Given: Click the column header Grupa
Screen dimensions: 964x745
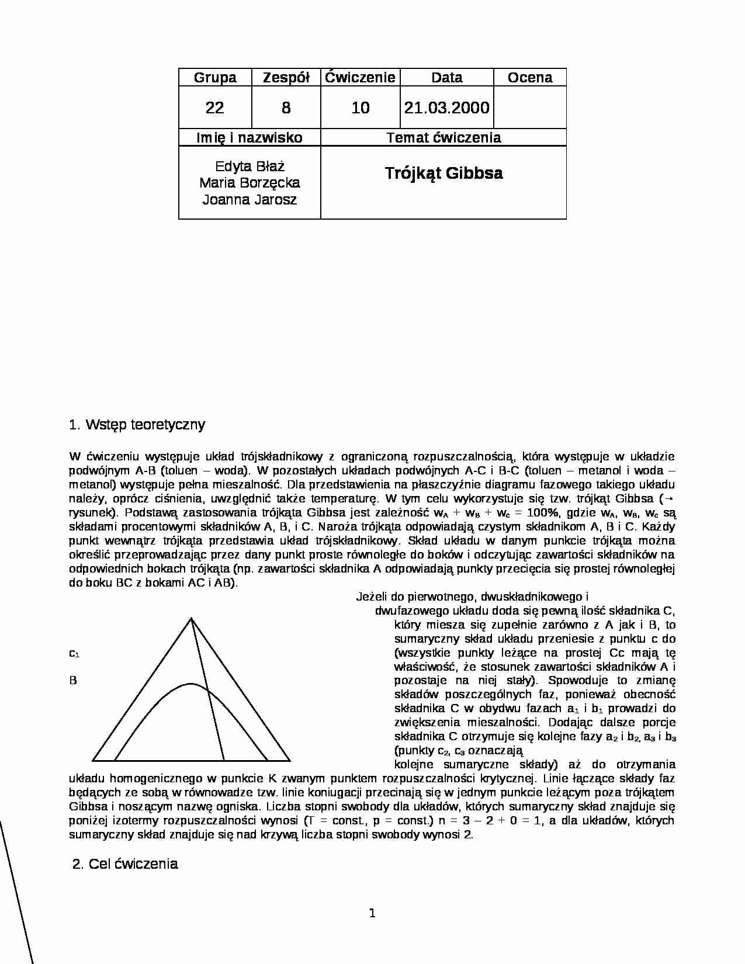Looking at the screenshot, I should pyautogui.click(x=215, y=78).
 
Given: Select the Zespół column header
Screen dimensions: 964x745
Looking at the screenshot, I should pyautogui.click(x=286, y=78).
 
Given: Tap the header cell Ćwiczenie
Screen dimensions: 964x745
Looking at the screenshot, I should pyautogui.click(x=361, y=78).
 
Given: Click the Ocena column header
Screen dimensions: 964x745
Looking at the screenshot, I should pyautogui.click(x=529, y=78).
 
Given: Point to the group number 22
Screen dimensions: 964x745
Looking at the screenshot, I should pyautogui.click(x=215, y=108).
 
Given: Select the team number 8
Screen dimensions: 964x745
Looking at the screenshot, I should pyautogui.click(x=286, y=108).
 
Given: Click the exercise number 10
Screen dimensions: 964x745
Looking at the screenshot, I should pyautogui.click(x=361, y=108).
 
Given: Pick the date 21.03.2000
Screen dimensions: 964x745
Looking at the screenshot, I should pyautogui.click(x=447, y=108).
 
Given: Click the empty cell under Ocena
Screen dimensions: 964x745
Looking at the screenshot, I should pyautogui.click(x=529, y=108).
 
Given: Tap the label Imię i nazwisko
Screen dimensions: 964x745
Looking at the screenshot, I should pyautogui.click(x=250, y=138).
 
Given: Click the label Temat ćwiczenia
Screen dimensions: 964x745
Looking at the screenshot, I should pyautogui.click(x=443, y=138).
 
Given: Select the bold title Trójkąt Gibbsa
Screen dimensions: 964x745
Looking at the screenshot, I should pyautogui.click(x=443, y=174).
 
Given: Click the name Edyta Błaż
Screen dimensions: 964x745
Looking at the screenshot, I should pyautogui.click(x=250, y=167).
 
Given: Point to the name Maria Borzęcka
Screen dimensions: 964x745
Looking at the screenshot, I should pyautogui.click(x=250, y=183).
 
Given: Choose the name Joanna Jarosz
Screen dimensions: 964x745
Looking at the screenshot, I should pyautogui.click(x=250, y=200).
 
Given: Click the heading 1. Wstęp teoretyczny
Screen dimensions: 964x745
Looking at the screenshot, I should pyautogui.click(x=137, y=425).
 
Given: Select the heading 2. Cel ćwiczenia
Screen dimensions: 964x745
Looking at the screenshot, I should pyautogui.click(x=125, y=864).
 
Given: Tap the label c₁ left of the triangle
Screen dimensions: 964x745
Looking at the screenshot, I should pyautogui.click(x=74, y=653).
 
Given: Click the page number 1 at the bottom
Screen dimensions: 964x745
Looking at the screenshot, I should pyautogui.click(x=372, y=913).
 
